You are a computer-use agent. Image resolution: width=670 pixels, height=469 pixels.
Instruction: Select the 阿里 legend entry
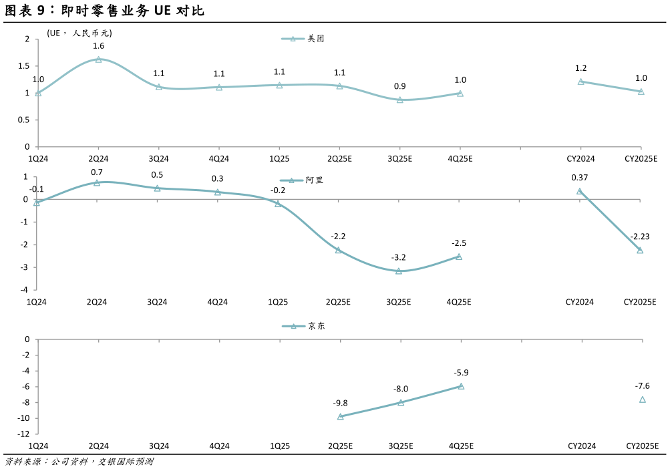(x=301, y=180)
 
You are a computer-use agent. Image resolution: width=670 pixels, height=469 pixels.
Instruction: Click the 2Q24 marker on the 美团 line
(x=98, y=59)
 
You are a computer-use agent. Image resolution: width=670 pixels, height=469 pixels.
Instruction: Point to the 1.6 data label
(x=98, y=45)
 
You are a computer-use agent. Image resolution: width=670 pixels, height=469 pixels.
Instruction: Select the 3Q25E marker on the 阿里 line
(x=399, y=271)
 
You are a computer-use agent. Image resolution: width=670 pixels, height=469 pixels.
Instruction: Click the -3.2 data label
(x=399, y=257)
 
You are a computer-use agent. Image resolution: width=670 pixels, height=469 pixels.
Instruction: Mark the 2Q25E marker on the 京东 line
(x=340, y=416)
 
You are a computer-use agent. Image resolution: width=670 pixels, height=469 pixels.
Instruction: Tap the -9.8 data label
(x=340, y=403)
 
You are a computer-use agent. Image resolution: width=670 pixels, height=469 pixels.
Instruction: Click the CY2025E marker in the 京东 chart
(x=642, y=400)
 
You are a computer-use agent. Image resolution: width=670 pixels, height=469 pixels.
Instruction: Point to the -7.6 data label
(x=642, y=385)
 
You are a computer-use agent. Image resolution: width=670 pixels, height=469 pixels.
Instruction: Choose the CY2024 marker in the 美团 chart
(x=580, y=82)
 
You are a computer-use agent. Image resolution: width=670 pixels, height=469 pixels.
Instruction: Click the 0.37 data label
(x=580, y=177)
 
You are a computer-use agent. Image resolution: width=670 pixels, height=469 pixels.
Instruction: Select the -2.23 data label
(x=640, y=237)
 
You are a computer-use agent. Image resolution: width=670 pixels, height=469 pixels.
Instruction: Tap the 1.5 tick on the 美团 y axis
(x=23, y=66)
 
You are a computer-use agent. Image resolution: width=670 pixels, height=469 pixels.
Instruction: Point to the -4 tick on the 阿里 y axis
(x=23, y=290)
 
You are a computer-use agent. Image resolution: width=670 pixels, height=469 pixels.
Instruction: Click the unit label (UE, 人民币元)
(x=79, y=33)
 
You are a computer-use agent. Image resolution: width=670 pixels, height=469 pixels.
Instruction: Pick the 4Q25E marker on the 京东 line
(x=460, y=386)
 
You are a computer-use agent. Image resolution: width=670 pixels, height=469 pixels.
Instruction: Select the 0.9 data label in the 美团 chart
(x=399, y=86)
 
